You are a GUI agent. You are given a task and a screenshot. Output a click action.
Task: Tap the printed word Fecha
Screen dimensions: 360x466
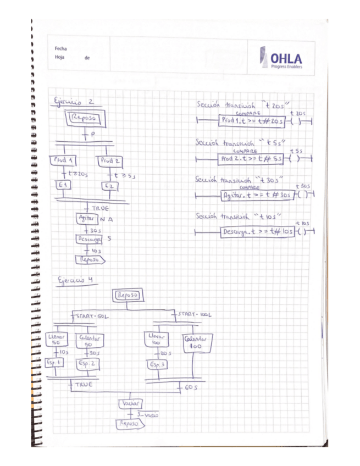61,49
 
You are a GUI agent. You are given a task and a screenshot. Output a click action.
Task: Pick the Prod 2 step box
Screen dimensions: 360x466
110,161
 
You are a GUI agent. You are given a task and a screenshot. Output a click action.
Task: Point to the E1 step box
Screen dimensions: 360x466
63,187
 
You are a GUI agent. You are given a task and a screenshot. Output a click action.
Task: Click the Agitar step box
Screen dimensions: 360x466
87,218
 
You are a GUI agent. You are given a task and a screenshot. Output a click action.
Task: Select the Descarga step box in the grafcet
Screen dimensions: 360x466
89,239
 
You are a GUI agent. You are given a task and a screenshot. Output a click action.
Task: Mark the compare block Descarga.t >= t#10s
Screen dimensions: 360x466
256,232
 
